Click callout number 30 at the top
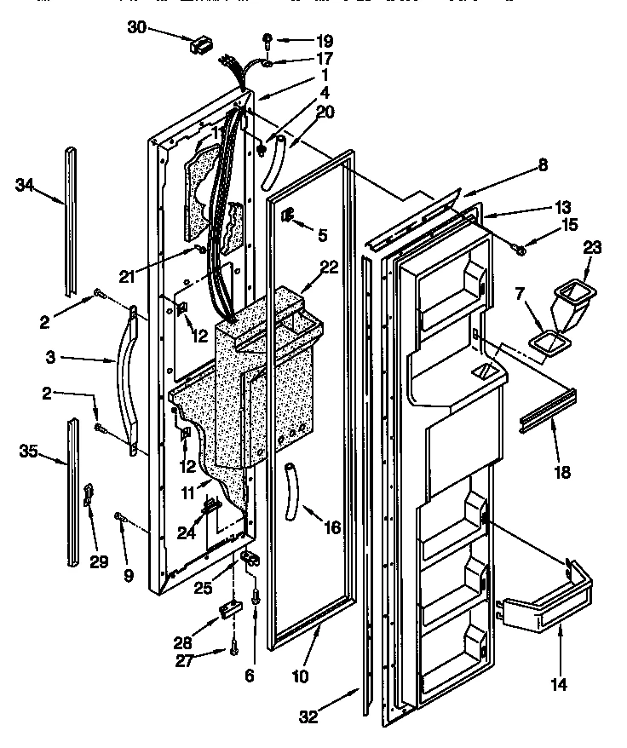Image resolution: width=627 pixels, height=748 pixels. tap(136, 26)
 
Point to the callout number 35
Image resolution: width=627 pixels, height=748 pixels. tap(27, 451)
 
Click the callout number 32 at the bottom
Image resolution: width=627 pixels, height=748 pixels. tap(308, 716)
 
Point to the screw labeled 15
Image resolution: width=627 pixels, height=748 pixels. tap(518, 247)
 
